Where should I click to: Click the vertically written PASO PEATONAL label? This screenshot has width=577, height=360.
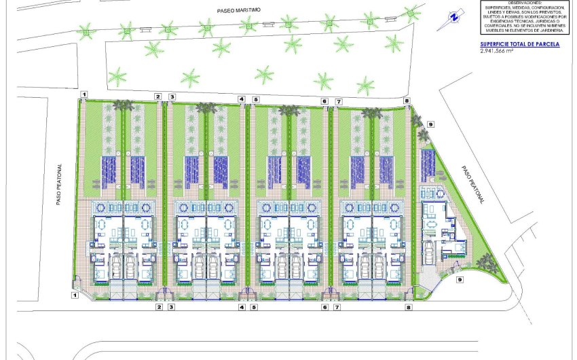[x=59, y=183]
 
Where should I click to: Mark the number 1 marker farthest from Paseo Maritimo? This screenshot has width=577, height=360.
[x=75, y=295]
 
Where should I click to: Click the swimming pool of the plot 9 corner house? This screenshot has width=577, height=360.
[x=428, y=164]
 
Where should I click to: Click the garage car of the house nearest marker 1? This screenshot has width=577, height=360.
[x=115, y=264]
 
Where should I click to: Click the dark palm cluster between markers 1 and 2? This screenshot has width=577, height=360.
[x=123, y=105]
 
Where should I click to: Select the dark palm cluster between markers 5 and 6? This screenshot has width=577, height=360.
[x=290, y=109]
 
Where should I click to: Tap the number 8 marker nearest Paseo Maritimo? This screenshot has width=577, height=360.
[x=407, y=101]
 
